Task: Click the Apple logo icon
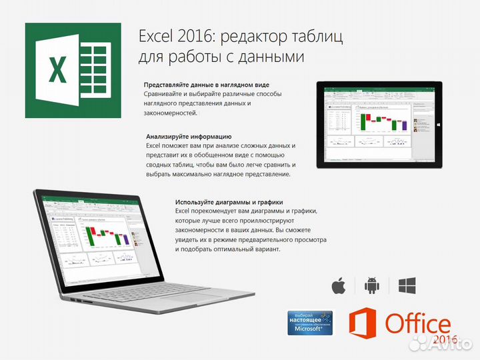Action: [x=339, y=287]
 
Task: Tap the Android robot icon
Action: [x=372, y=287]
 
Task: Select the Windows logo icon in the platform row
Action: [x=407, y=287]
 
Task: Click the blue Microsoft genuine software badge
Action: [x=309, y=323]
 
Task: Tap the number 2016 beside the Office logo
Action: [x=445, y=340]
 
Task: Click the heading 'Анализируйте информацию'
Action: [x=189, y=136]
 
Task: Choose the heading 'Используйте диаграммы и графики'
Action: [x=229, y=202]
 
